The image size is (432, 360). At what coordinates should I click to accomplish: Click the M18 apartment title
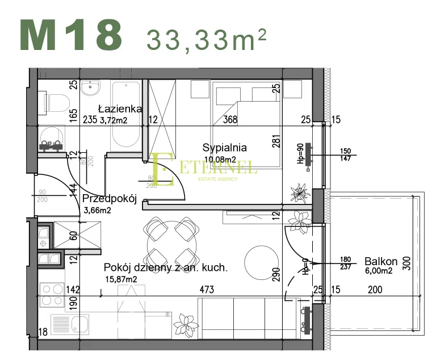pyautogui.click(x=72, y=36)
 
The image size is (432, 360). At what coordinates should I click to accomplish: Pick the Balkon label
pyautogui.click(x=380, y=262)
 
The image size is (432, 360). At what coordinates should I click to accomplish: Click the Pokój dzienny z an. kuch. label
pyautogui.click(x=165, y=267)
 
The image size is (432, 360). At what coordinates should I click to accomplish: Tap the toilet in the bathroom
pyautogui.click(x=54, y=103)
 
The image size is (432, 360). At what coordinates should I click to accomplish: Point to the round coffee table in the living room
pyautogui.click(x=263, y=261)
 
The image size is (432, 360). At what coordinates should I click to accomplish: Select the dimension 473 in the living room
pyautogui.click(x=206, y=290)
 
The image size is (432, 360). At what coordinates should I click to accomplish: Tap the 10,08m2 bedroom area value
pyautogui.click(x=220, y=160)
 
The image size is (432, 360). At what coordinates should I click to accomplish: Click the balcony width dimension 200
pyautogui.click(x=374, y=290)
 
